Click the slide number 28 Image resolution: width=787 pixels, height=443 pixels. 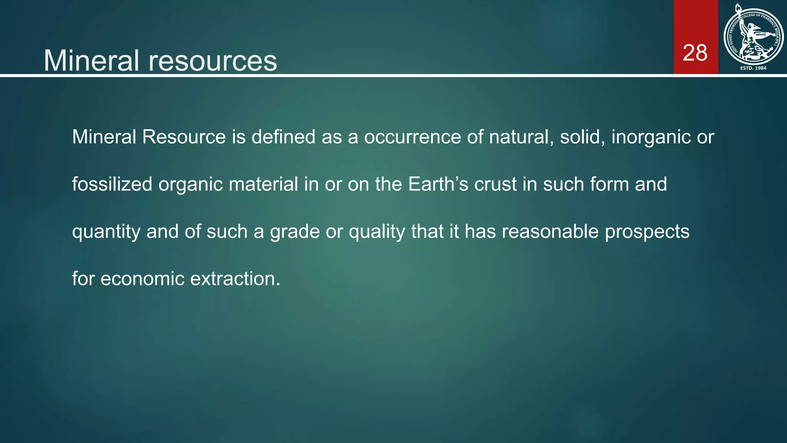tap(695, 53)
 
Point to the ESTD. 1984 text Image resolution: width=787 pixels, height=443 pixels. tap(753, 68)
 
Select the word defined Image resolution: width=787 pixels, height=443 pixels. tap(283, 137)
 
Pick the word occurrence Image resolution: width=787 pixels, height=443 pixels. tap(412, 137)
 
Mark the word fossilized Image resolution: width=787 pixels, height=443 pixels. tap(112, 184)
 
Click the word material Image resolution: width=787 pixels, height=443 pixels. tap(263, 184)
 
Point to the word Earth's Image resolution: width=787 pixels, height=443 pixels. tap(438, 184)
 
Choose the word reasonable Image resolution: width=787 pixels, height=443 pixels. tap(550, 231)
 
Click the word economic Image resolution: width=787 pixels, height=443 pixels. tap(143, 279)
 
